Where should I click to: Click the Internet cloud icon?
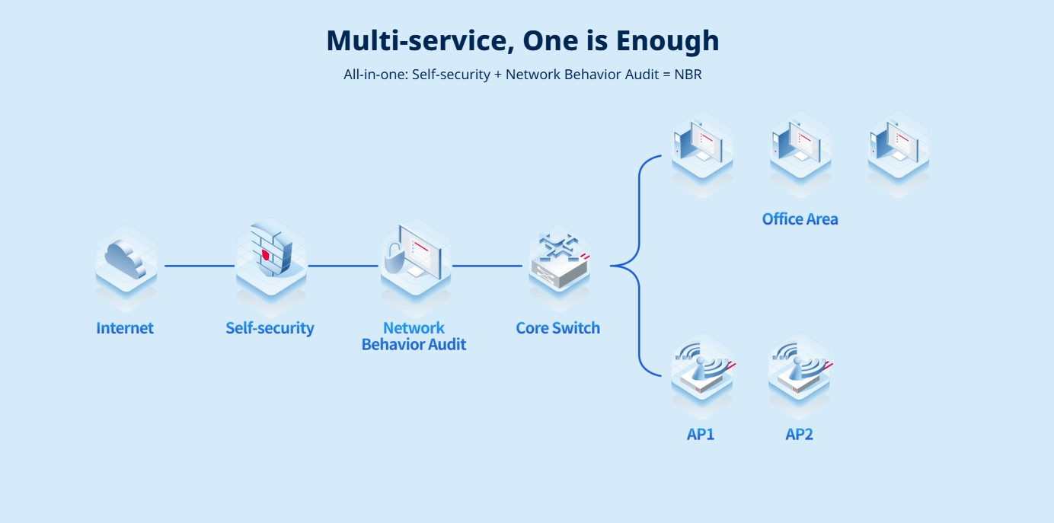pos(126,259)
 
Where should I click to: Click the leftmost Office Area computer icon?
pos(701,145)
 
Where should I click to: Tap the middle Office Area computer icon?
pos(800,145)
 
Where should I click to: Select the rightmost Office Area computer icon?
pos(898,145)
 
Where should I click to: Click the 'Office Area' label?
pos(800,219)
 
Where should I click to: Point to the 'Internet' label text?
pos(125,328)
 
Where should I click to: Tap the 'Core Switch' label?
pos(557,328)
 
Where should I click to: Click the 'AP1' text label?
pos(701,435)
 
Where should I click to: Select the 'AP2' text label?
pos(799,435)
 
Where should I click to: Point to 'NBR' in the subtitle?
pos(688,75)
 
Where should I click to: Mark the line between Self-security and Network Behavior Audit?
pos(343,266)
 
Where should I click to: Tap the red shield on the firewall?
pos(266,254)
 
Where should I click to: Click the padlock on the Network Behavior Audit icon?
pos(394,258)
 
